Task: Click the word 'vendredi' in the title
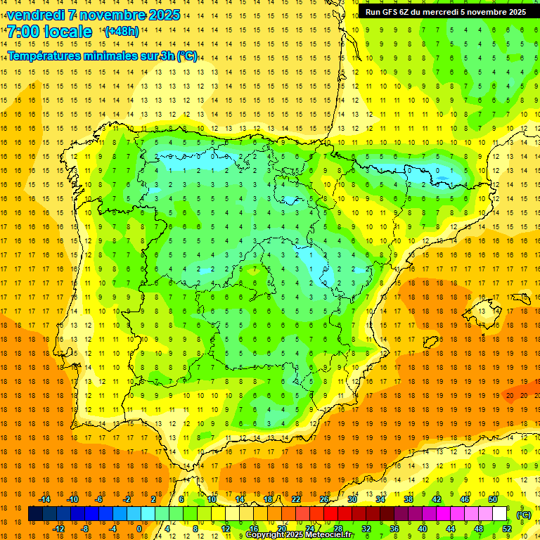coord(36,15)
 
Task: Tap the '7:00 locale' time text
coord(49,32)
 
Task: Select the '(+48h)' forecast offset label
coord(122,32)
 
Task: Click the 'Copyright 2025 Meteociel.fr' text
coord(300,535)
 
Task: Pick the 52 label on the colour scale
coord(507,529)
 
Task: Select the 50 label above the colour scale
coord(493,499)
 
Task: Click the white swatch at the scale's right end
coord(500,514)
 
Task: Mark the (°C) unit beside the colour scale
coord(524,515)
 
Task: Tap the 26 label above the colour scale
coord(324,499)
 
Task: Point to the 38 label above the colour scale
coord(409,499)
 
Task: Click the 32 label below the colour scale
coord(366,529)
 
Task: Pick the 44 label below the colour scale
coord(451,529)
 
